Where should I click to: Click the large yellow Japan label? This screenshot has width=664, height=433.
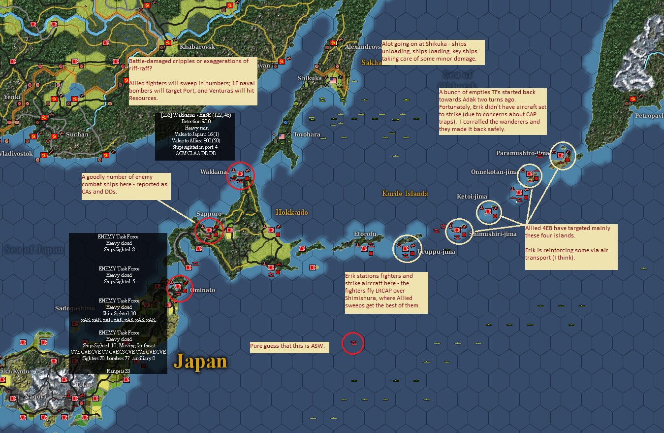pos(200,362)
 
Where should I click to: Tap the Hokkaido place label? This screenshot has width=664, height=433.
pos(292,212)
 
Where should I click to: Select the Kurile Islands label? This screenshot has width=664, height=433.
pos(405,194)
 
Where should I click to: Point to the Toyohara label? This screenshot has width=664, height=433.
pos(306,134)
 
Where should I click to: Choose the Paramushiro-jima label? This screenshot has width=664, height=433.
pos(522,153)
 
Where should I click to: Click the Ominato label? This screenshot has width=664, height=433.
pos(202,290)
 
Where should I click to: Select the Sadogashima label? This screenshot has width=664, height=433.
pos(74,308)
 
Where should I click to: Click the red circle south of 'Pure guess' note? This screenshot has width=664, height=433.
pos(353,343)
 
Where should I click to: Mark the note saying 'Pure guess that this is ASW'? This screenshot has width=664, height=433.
pos(289,347)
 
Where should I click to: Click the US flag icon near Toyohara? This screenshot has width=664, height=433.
pos(282,136)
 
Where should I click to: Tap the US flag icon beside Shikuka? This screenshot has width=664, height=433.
pos(333,80)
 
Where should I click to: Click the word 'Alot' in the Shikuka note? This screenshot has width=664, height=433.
pos(389,44)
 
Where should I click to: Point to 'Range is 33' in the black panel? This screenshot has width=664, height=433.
pos(118,371)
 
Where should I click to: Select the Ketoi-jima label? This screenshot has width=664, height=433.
pos(472,197)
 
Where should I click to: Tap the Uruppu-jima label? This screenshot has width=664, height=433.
pos(436,252)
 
